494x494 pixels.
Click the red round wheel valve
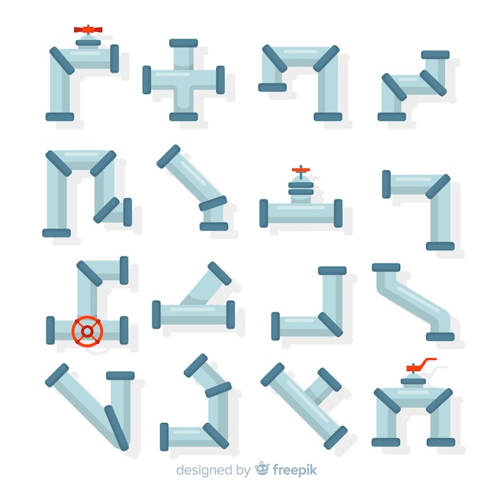[x=88, y=331]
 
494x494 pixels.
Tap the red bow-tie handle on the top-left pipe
[x=88, y=30]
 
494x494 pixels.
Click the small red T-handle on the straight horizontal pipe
[x=301, y=170]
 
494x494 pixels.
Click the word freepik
[x=294, y=470]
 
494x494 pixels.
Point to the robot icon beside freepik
[x=262, y=469]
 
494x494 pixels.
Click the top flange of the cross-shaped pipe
[x=183, y=43]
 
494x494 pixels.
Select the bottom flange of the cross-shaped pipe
[x=183, y=117]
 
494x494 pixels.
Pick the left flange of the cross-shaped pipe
[x=147, y=80]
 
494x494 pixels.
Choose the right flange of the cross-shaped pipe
[x=220, y=80]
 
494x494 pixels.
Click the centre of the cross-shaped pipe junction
[x=184, y=80]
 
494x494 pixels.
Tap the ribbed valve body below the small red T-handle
[x=301, y=189]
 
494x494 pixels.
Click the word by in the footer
[x=243, y=470]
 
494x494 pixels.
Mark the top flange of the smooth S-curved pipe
[x=386, y=268]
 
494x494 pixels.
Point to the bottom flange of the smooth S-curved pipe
[x=440, y=336]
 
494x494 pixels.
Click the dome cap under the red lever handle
[x=413, y=377]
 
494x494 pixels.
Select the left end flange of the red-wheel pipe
[x=51, y=331]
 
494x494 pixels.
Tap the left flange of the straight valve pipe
[x=264, y=213]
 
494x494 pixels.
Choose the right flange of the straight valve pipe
[x=338, y=213]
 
